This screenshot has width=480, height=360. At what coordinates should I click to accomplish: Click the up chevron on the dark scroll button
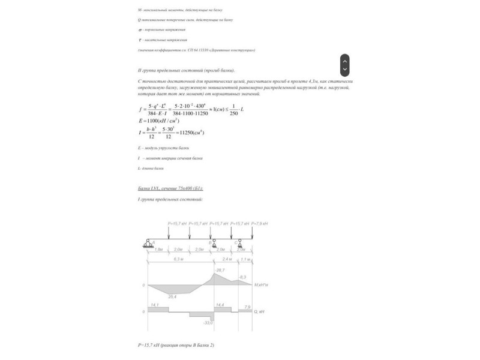pyautogui.click(x=344, y=59)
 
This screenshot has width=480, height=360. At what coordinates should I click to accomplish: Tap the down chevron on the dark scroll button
pyautogui.click(x=344, y=70)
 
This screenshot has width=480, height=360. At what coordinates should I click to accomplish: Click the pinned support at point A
pyautogui.click(x=148, y=243)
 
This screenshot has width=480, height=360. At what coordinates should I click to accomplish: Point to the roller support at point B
pyautogui.click(x=214, y=244)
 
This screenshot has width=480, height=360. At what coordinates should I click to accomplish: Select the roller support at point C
pyautogui.click(x=239, y=244)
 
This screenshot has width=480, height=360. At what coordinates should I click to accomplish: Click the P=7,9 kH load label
pyautogui.click(x=259, y=223)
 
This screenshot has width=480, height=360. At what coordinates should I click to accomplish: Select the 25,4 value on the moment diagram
pyautogui.click(x=172, y=296)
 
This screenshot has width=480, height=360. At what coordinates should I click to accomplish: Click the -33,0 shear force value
pyautogui.click(x=209, y=323)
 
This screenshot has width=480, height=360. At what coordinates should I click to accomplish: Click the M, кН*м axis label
pyautogui.click(x=261, y=285)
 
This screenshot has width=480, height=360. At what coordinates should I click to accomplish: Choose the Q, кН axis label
pyautogui.click(x=260, y=312)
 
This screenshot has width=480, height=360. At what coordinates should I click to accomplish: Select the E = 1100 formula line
pyautogui.click(x=159, y=121)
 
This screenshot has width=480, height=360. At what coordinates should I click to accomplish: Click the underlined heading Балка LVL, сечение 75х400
pyautogui.click(x=170, y=188)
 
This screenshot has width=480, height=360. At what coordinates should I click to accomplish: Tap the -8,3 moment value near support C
pyautogui.click(x=242, y=277)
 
